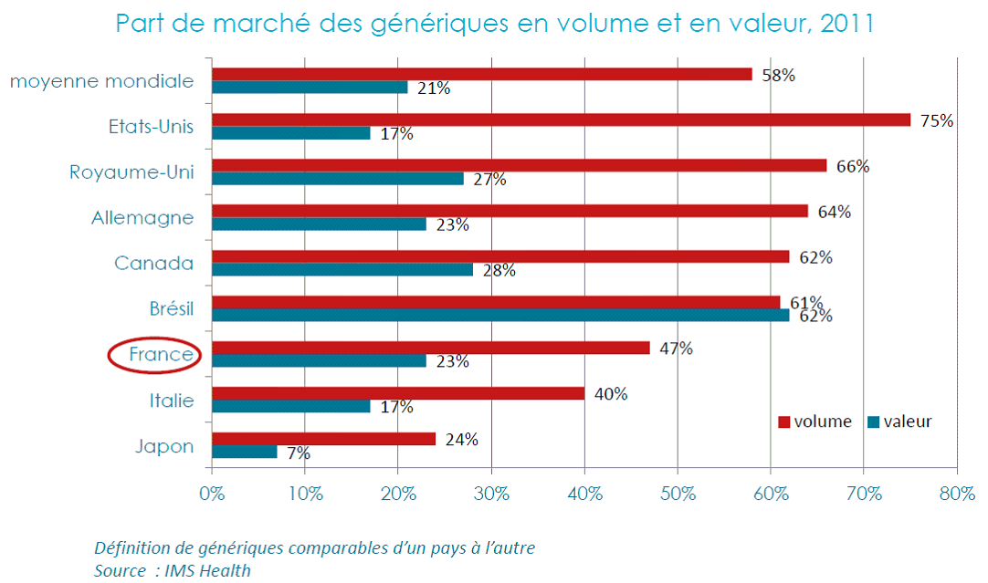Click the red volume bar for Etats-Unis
(561, 120)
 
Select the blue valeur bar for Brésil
(499, 316)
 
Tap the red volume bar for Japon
(323, 439)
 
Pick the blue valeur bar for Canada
(342, 270)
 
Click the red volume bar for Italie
(397, 393)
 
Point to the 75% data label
(937, 120)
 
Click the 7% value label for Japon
(300, 453)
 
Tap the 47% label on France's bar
(676, 348)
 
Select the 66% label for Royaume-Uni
(852, 166)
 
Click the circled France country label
(161, 355)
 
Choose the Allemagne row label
(142, 218)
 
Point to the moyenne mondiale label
(101, 81)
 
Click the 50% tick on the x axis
(678, 495)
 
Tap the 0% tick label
(212, 495)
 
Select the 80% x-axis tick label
(956, 495)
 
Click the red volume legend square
(783, 422)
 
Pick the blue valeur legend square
(873, 422)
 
